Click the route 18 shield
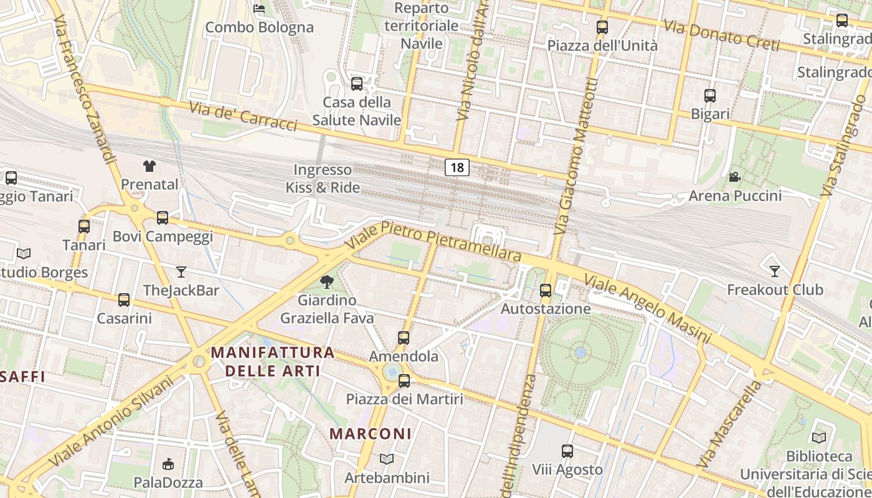coord(457,167)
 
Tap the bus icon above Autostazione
coord(546,290)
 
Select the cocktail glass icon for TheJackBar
coord(181,271)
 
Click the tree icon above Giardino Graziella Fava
coord(326,282)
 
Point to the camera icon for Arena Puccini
coord(735,177)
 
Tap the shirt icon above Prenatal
coord(149,166)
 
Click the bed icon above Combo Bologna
coord(259,9)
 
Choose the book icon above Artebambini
coord(387,459)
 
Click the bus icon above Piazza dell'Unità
coord(602,27)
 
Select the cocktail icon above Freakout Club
coord(775,271)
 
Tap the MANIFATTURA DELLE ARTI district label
coord(273,362)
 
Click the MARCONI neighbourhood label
coord(370,434)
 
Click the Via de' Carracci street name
coord(243,116)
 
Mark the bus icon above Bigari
coord(710,96)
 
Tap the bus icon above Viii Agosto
coord(567,451)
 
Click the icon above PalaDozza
coord(168,464)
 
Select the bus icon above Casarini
coord(124,300)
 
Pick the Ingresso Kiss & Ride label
coord(323,178)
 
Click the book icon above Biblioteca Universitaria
coord(819,438)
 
